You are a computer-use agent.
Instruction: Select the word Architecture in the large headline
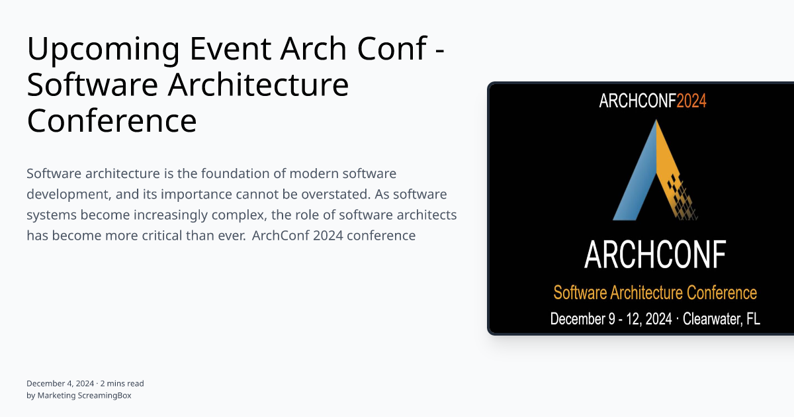pyautogui.click(x=257, y=85)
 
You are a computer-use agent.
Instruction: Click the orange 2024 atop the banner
pyautogui.click(x=691, y=101)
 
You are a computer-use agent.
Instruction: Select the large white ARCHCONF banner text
pyautogui.click(x=654, y=254)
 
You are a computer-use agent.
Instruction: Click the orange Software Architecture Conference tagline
pyautogui.click(x=654, y=293)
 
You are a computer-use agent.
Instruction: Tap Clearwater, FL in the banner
pyautogui.click(x=721, y=318)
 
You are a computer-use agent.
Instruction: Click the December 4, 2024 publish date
pyautogui.click(x=60, y=383)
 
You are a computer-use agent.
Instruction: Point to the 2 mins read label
pyautogui.click(x=122, y=383)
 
